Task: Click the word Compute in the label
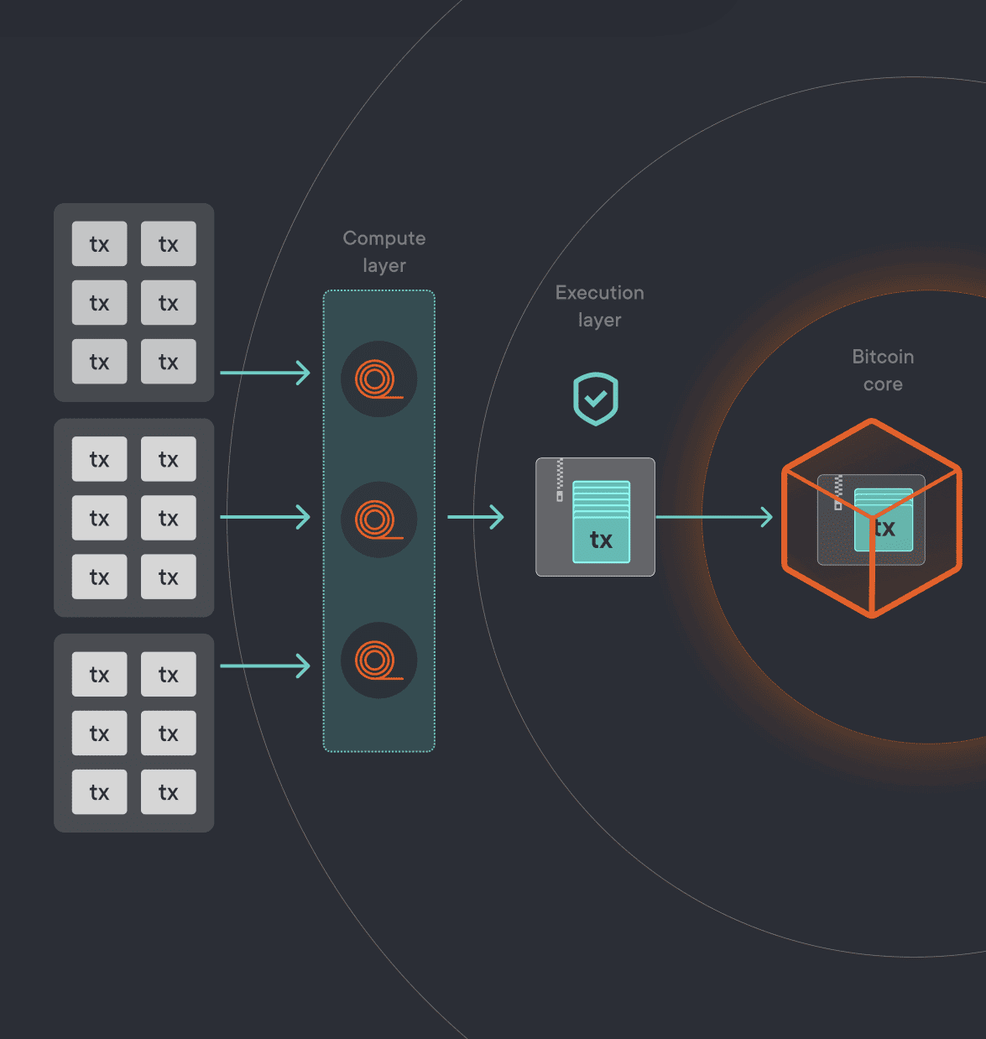[x=384, y=238]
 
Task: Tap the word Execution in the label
[x=599, y=293]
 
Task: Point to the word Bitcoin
[x=883, y=357]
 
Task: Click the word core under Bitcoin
[x=883, y=384]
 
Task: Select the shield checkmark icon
[x=596, y=399]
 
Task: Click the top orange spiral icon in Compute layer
[x=378, y=379]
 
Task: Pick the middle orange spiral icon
[x=378, y=519]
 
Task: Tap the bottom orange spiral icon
[x=378, y=660]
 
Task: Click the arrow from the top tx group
[x=265, y=373]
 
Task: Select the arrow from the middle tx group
[x=265, y=517]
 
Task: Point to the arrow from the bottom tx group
[x=265, y=666]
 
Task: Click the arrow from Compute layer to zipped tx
[x=476, y=517]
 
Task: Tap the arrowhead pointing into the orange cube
[x=765, y=517]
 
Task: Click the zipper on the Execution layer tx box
[x=560, y=480]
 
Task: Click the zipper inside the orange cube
[x=837, y=493]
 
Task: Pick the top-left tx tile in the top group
[x=99, y=244]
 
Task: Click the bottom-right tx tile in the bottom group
[x=169, y=792]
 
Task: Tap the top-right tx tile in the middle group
[x=169, y=459]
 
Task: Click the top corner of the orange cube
[x=872, y=422]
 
